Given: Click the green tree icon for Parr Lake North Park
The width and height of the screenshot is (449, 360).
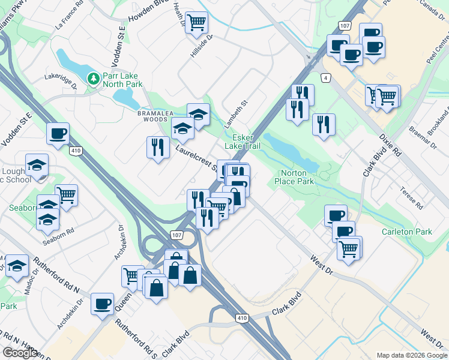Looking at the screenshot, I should pyautogui.click(x=93, y=79).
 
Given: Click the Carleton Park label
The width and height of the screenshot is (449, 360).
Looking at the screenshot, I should pyautogui.click(x=406, y=232).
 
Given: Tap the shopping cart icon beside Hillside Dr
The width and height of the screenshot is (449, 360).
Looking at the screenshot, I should pyautogui.click(x=196, y=23).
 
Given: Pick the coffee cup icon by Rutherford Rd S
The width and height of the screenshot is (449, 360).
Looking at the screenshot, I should pyautogui.click(x=102, y=304).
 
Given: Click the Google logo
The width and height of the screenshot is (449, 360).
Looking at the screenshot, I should pyautogui.click(x=20, y=353).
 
